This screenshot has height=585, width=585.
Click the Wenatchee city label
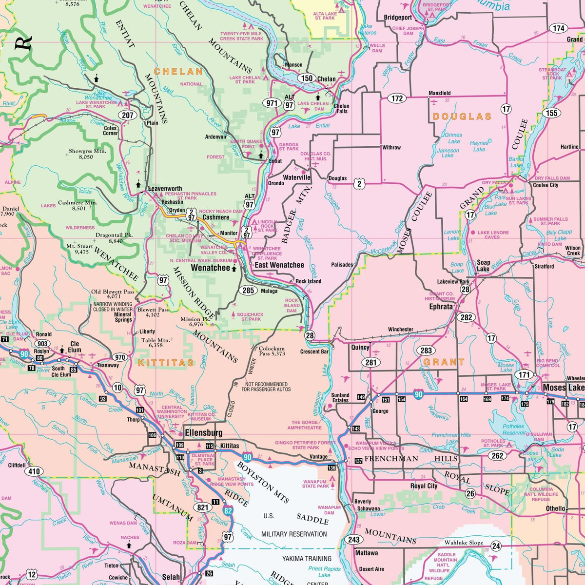pyautogui.click(x=210, y=268)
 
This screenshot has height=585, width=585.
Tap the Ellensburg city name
pyautogui.click(x=203, y=433)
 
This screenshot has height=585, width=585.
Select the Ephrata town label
pyautogui.click(x=441, y=307)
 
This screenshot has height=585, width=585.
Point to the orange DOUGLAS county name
pyautogui.click(x=462, y=117)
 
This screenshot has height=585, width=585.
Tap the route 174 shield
pyautogui.click(x=559, y=28)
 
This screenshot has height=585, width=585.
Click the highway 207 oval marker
pyautogui.click(x=128, y=116)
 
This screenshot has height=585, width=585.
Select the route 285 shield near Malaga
pyautogui.click(x=248, y=291)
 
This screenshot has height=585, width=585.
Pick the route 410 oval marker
pyautogui.click(x=34, y=471)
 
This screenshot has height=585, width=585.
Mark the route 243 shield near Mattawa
pyautogui.click(x=354, y=540)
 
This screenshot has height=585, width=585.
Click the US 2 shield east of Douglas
pyautogui.click(x=359, y=183)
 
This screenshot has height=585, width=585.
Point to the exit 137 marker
pyautogui.click(x=358, y=461)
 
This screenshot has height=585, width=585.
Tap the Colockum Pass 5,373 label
pyautogui.click(x=272, y=351)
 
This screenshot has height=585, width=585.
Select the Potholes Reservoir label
pyautogui.click(x=514, y=429)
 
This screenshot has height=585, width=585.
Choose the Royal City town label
pyautogui.click(x=424, y=486)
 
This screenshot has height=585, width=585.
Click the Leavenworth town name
pyautogui.click(x=165, y=189)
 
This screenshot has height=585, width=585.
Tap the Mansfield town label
pyautogui.click(x=439, y=93)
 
